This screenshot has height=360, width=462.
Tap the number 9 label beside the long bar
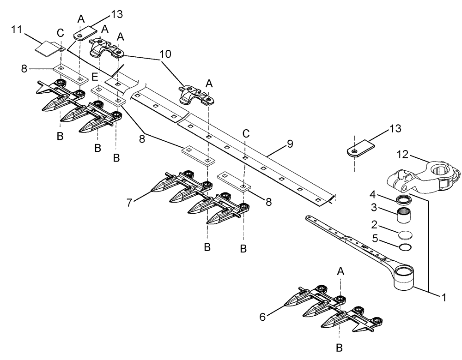[290, 144]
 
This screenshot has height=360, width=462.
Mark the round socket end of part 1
[406, 276]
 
